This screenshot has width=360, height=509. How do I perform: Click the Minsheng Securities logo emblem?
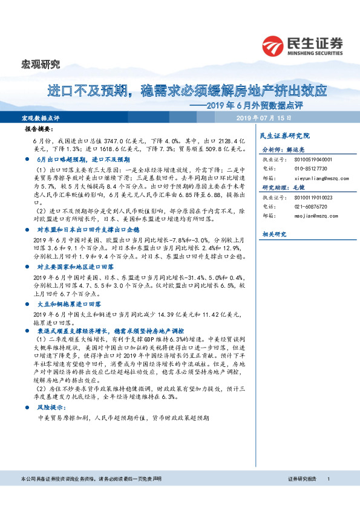point(274,44)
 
